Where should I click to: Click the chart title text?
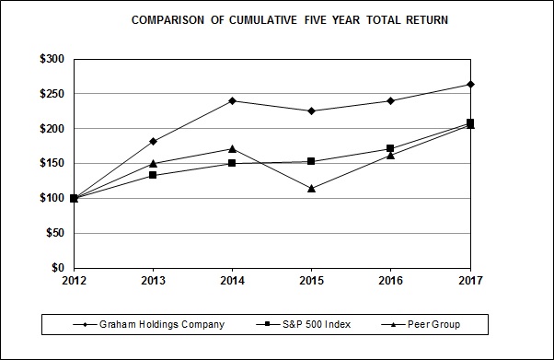click(277, 19)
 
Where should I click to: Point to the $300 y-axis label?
click(51, 59)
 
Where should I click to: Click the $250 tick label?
click(51, 94)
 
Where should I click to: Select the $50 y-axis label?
click(53, 233)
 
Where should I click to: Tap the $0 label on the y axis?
click(57, 268)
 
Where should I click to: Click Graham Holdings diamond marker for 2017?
click(470, 85)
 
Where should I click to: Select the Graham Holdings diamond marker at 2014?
click(232, 100)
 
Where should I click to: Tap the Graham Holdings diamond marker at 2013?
click(153, 141)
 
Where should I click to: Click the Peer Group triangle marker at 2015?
click(312, 188)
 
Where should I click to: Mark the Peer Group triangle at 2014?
click(232, 148)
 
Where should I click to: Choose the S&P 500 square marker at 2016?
click(391, 148)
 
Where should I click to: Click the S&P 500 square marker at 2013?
click(153, 175)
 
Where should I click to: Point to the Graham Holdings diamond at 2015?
click(312, 111)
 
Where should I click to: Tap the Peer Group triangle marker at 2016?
click(391, 155)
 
